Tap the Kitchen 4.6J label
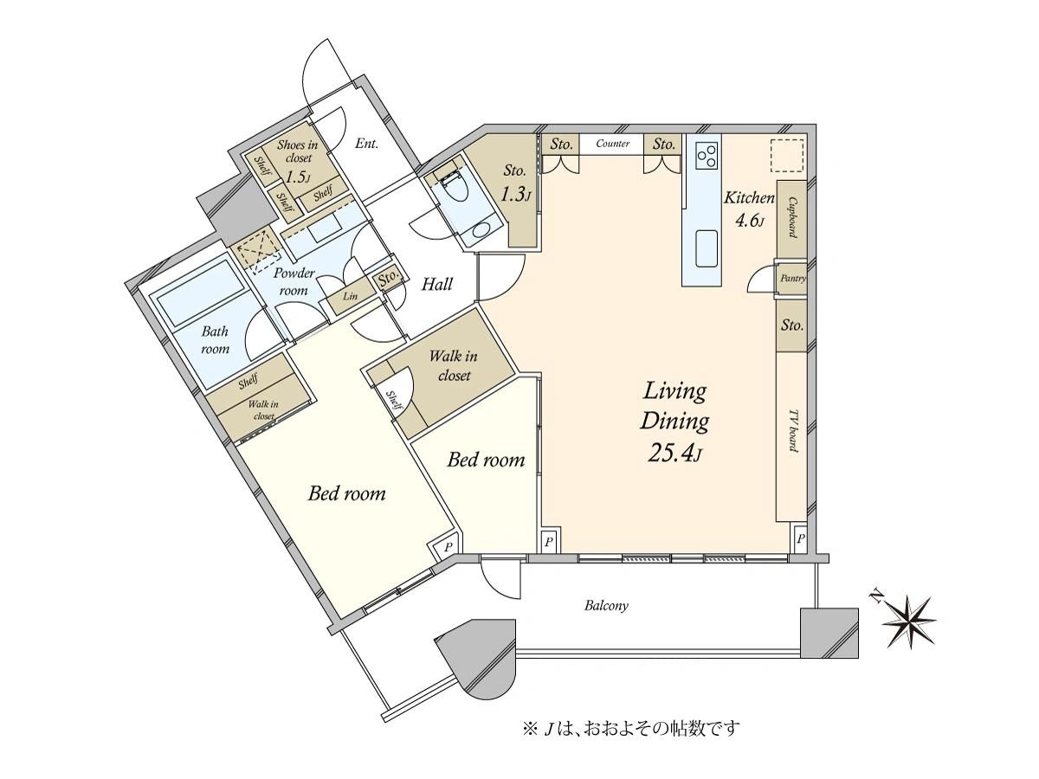pyautogui.click(x=749, y=209)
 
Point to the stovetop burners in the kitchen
pyautogui.click(x=706, y=155)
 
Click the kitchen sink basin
pyautogui.click(x=706, y=248)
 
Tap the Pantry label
pyautogui.click(x=793, y=279)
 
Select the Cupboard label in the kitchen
pyautogui.click(x=791, y=217)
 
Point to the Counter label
pyautogui.click(x=612, y=144)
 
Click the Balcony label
pyautogui.click(x=606, y=605)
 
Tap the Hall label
pyautogui.click(x=437, y=284)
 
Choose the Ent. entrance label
pyautogui.click(x=366, y=144)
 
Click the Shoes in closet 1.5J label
pyautogui.click(x=298, y=161)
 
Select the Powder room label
pyautogui.click(x=294, y=282)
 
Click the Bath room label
pyautogui.click(x=216, y=340)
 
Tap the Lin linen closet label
pyautogui.click(x=350, y=297)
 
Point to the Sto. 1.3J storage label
pyautogui.click(x=515, y=183)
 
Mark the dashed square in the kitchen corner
pyautogui.click(x=787, y=155)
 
